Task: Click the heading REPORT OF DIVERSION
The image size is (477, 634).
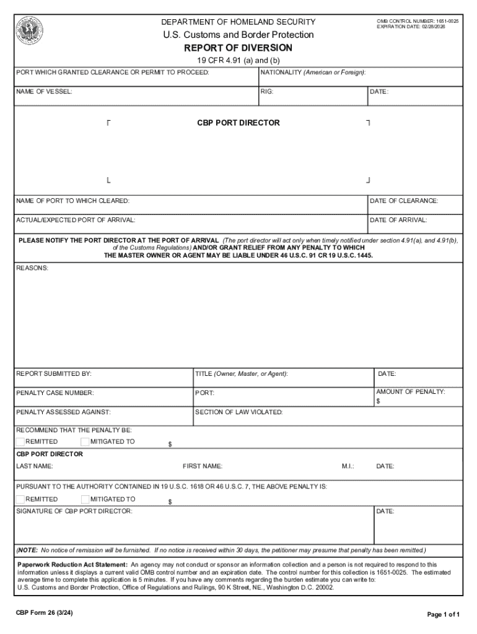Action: [x=238, y=48]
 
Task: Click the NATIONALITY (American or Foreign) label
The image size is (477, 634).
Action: [x=313, y=72]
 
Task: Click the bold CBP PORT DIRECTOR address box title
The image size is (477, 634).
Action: [x=238, y=123]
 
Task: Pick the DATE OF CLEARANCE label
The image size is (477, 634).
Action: [x=403, y=201]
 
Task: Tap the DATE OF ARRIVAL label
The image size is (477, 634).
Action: [x=398, y=220]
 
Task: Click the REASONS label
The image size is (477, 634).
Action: [x=32, y=268]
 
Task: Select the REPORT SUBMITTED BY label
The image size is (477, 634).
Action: [x=54, y=373]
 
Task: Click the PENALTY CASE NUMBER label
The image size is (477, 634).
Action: [x=55, y=393]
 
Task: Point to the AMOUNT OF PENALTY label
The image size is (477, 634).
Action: [x=410, y=391]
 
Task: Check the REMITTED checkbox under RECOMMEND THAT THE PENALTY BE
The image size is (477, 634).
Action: [x=20, y=441]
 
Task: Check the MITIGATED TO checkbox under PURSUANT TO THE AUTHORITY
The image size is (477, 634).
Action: [x=85, y=499]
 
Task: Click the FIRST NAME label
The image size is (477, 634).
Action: [x=203, y=466]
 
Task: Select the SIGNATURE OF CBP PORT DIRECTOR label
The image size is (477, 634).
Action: [x=74, y=511]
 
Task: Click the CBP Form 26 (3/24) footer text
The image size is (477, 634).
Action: [x=47, y=614]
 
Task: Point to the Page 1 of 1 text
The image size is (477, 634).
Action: [x=443, y=614]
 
